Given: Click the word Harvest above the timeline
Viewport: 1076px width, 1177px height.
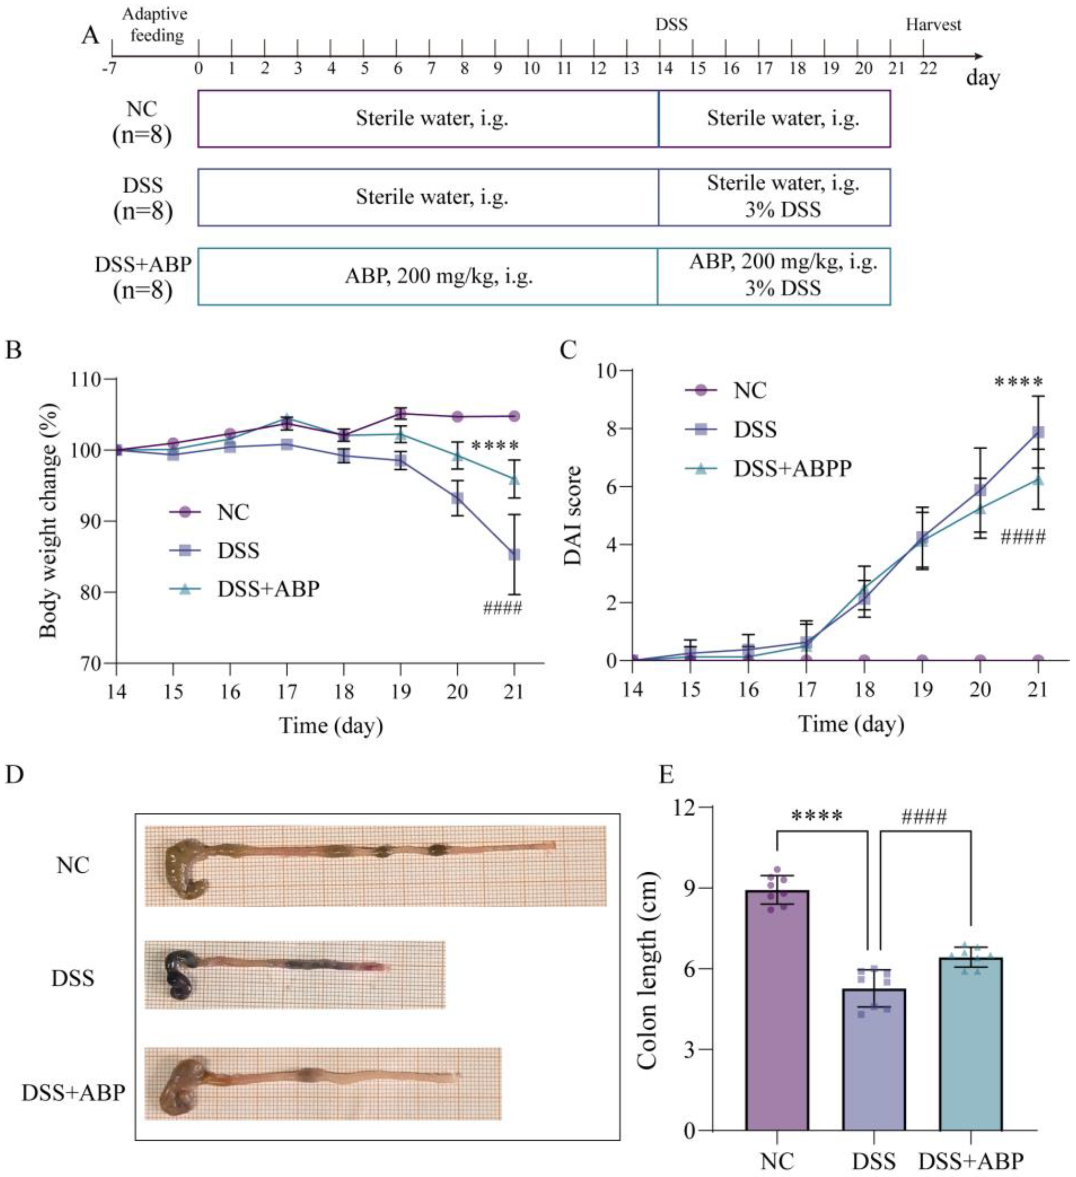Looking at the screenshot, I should coord(932,24).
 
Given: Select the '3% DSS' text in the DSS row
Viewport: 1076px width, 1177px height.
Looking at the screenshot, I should coord(782,209).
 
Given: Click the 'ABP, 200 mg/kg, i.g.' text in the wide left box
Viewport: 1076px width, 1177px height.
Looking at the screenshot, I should coord(438,276).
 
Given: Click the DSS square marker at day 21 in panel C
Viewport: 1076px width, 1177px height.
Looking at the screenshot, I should coord(1038,432).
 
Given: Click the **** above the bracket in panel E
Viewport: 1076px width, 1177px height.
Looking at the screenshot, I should coord(816,816).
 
